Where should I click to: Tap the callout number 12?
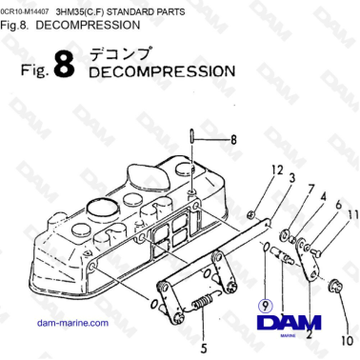[250, 170]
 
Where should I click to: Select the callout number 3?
[266, 178]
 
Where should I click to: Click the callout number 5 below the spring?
[202, 335]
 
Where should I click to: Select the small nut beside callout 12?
[249, 210]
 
